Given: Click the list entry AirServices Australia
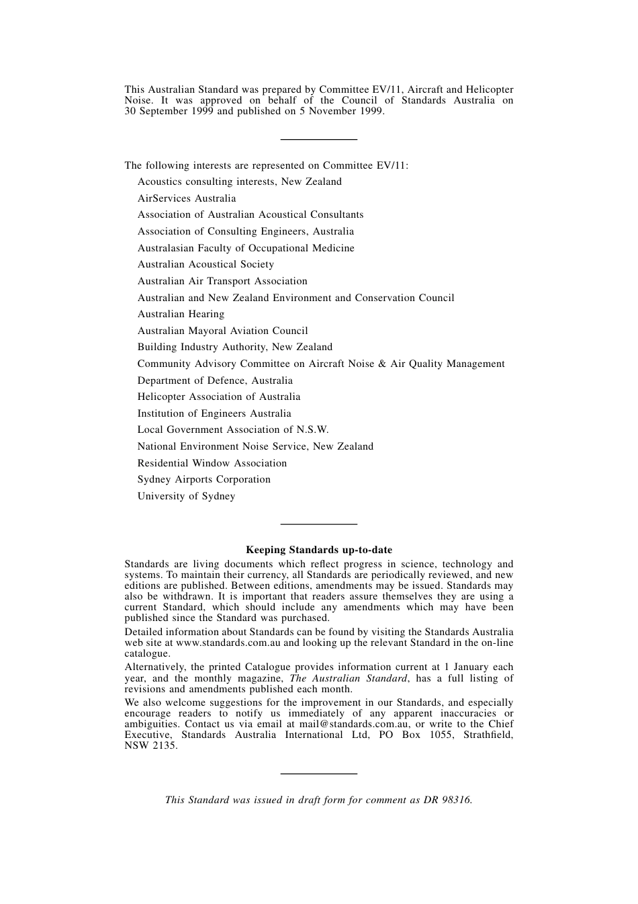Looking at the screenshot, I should (187, 198).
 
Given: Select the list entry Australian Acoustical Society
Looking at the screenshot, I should (206, 264).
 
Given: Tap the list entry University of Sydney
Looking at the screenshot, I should (186, 496).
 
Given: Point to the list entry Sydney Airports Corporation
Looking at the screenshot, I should (204, 479).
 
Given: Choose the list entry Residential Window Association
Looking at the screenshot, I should (212, 463).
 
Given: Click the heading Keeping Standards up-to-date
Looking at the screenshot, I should (319, 550).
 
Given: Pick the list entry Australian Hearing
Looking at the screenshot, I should (181, 314).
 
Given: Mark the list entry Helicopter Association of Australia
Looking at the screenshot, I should (219, 397).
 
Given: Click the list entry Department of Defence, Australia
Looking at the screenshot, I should (215, 380).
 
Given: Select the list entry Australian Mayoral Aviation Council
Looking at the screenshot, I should (223, 331).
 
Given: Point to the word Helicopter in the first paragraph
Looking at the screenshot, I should (490, 89).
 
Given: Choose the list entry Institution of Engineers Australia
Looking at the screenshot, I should (214, 413).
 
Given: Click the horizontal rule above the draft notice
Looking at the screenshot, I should (318, 774).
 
